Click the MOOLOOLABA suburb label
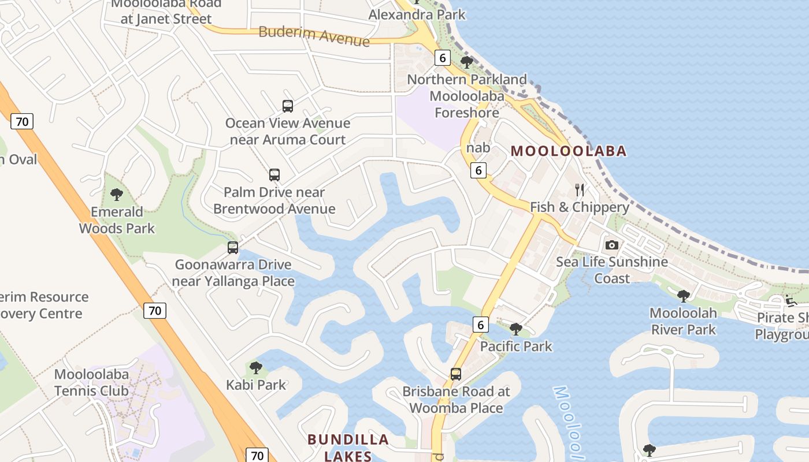(569, 151)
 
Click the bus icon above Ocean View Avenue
(288, 106)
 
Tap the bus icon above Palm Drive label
(274, 175)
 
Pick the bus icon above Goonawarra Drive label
(233, 248)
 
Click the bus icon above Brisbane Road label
(456, 374)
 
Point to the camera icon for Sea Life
(612, 245)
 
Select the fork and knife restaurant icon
(580, 190)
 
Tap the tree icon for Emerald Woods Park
(117, 195)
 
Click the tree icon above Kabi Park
(255, 367)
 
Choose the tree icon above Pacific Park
(516, 329)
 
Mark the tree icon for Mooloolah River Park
(684, 296)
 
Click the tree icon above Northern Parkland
(467, 62)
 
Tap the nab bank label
(478, 148)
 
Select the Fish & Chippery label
(580, 207)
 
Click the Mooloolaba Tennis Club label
(91, 382)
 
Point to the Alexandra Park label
(417, 14)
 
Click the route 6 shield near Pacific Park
(480, 325)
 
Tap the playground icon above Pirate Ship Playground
(791, 300)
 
